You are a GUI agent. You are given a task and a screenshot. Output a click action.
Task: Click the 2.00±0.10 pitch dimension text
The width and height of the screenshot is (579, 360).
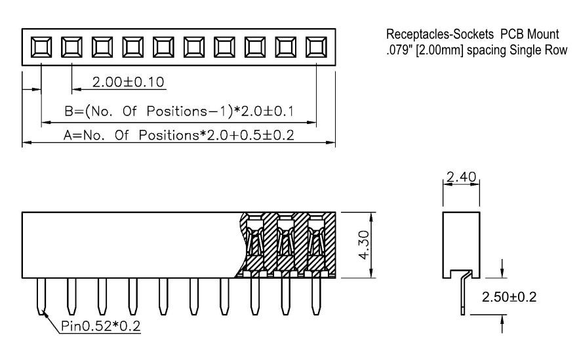[128, 82]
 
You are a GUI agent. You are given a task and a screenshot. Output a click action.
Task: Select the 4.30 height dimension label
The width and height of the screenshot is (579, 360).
[364, 245]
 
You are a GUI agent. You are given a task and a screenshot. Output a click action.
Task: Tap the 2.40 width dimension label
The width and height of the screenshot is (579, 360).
[461, 177]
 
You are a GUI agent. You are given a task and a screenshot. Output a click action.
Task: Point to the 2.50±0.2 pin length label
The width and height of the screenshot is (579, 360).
[509, 297]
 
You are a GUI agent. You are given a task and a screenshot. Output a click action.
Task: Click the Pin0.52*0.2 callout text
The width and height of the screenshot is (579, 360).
[100, 326]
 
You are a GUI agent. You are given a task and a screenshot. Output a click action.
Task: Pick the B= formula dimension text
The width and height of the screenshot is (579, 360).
[179, 111]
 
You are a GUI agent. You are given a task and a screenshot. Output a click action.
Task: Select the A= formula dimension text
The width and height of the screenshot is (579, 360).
[179, 135]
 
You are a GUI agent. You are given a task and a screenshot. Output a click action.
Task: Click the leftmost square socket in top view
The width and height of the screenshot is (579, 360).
[41, 47]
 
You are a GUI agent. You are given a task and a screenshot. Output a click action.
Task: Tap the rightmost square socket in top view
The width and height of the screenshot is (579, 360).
[316, 47]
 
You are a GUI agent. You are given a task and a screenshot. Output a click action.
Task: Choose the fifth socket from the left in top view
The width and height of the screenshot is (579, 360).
[163, 47]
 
